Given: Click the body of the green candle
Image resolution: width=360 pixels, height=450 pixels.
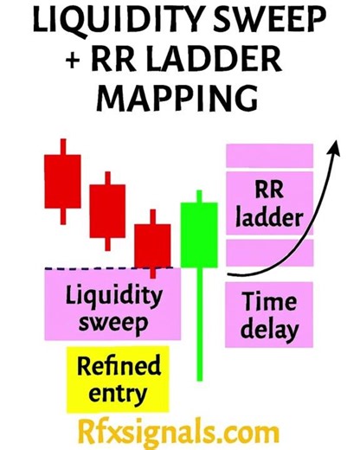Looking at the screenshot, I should pos(198,234).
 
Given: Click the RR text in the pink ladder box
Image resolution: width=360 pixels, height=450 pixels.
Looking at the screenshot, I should pos(269,190).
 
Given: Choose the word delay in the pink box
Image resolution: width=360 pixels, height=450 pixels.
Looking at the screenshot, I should pos(269,329).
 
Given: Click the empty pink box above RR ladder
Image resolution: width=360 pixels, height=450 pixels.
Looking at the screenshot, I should pos(269,156).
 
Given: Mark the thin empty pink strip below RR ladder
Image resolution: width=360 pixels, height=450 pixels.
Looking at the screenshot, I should pos(269,252).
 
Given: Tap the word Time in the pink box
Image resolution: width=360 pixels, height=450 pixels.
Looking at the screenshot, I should pos(269,302).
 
